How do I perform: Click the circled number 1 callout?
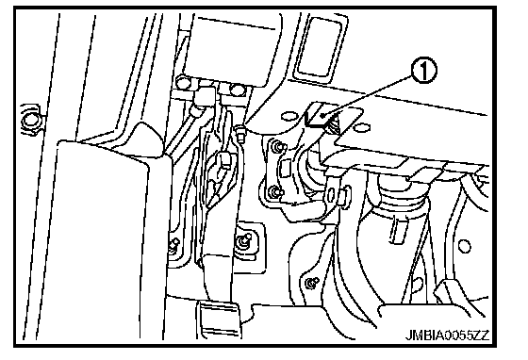[x=423, y=71]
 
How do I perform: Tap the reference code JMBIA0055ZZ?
[x=447, y=335]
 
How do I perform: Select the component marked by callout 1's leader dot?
[x=320, y=116]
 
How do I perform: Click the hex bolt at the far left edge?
[x=31, y=120]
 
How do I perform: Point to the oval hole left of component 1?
[x=288, y=116]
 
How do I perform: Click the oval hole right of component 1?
[x=363, y=127]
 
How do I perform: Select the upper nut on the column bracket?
[x=278, y=146]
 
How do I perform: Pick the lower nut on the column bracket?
[x=274, y=192]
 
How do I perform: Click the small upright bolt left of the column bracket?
[x=240, y=133]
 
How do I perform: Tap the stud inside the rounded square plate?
[x=243, y=240]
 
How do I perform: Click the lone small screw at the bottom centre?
[x=312, y=283]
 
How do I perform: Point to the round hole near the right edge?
[x=464, y=246]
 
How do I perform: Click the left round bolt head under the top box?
[x=184, y=82]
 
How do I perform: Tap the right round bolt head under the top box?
[x=238, y=90]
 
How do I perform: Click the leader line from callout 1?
[x=367, y=96]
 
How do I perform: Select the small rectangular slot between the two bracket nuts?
[x=285, y=169]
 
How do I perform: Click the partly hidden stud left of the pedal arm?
[x=174, y=243]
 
